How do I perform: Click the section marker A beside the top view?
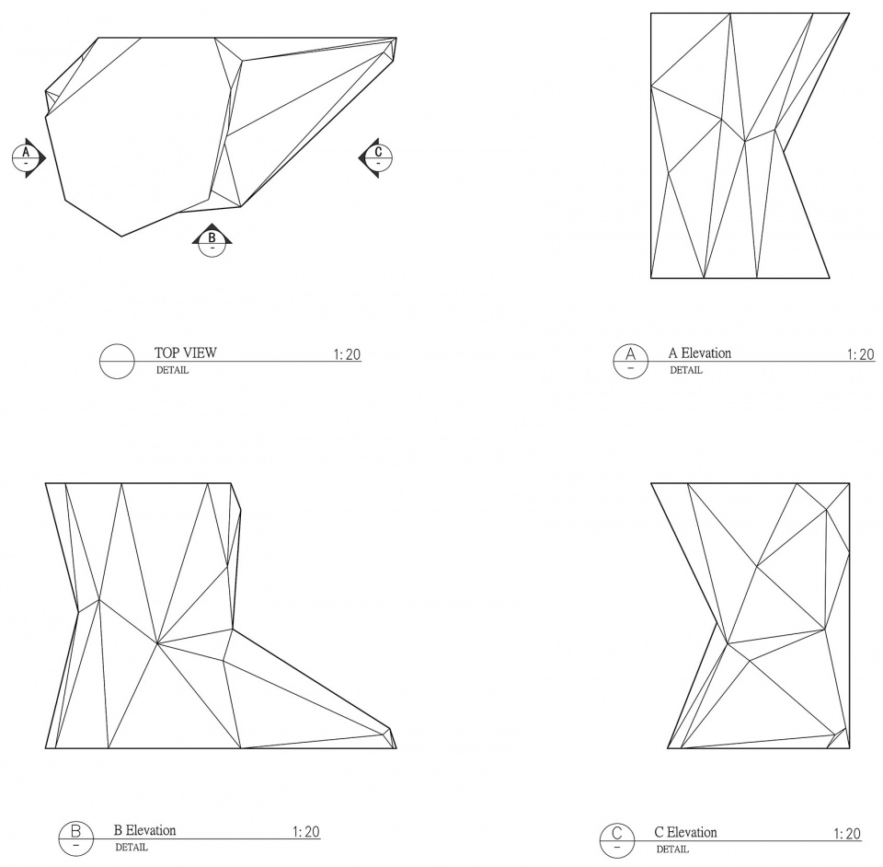[x=28, y=157]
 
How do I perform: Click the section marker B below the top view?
[x=212, y=240]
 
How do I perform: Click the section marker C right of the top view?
[x=376, y=157]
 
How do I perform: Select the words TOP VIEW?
[x=185, y=353]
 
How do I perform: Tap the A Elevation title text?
[x=699, y=353]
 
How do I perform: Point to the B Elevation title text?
[x=144, y=830]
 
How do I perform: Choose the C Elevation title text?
[x=685, y=833]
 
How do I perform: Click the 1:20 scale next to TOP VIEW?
[x=347, y=354]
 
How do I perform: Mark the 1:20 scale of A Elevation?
[x=861, y=354]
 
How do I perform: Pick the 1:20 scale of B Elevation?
[x=305, y=831]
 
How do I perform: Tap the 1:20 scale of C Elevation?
[x=847, y=834]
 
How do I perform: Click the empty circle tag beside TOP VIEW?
[x=117, y=361]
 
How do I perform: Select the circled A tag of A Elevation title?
[x=631, y=361]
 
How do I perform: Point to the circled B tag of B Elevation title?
[x=76, y=838]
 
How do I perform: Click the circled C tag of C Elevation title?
[x=617, y=840]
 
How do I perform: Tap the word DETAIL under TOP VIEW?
[x=172, y=370]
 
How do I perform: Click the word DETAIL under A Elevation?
[x=686, y=370]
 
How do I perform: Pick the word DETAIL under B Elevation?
[x=132, y=848]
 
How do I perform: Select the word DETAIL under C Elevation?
[x=672, y=849]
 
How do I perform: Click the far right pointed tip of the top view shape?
[x=396, y=39]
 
